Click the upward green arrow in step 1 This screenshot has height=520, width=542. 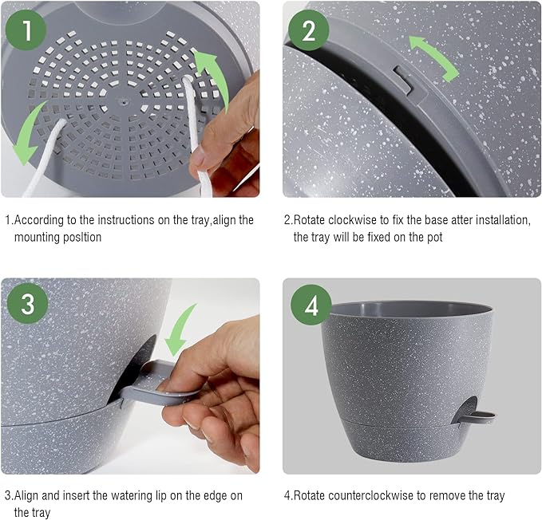pos(214,76)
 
